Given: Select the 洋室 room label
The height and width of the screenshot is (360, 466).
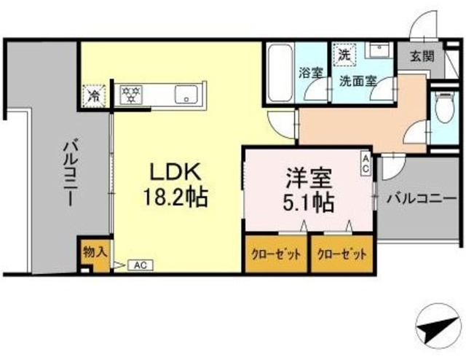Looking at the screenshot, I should pos(307,178).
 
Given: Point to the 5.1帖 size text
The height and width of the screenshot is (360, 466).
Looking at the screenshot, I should pos(307,202).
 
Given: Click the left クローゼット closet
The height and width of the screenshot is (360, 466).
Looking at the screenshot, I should pos(276,254).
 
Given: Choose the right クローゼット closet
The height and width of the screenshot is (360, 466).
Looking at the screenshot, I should pos(341,254).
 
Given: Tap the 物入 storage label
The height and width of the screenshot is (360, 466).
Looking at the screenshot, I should pos(95,251).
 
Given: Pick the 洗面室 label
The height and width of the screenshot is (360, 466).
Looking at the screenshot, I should pos(358,81).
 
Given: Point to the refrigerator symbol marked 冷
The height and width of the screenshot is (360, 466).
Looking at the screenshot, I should pos(95,95).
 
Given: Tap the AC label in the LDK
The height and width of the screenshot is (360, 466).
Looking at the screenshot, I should pos(139,266).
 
